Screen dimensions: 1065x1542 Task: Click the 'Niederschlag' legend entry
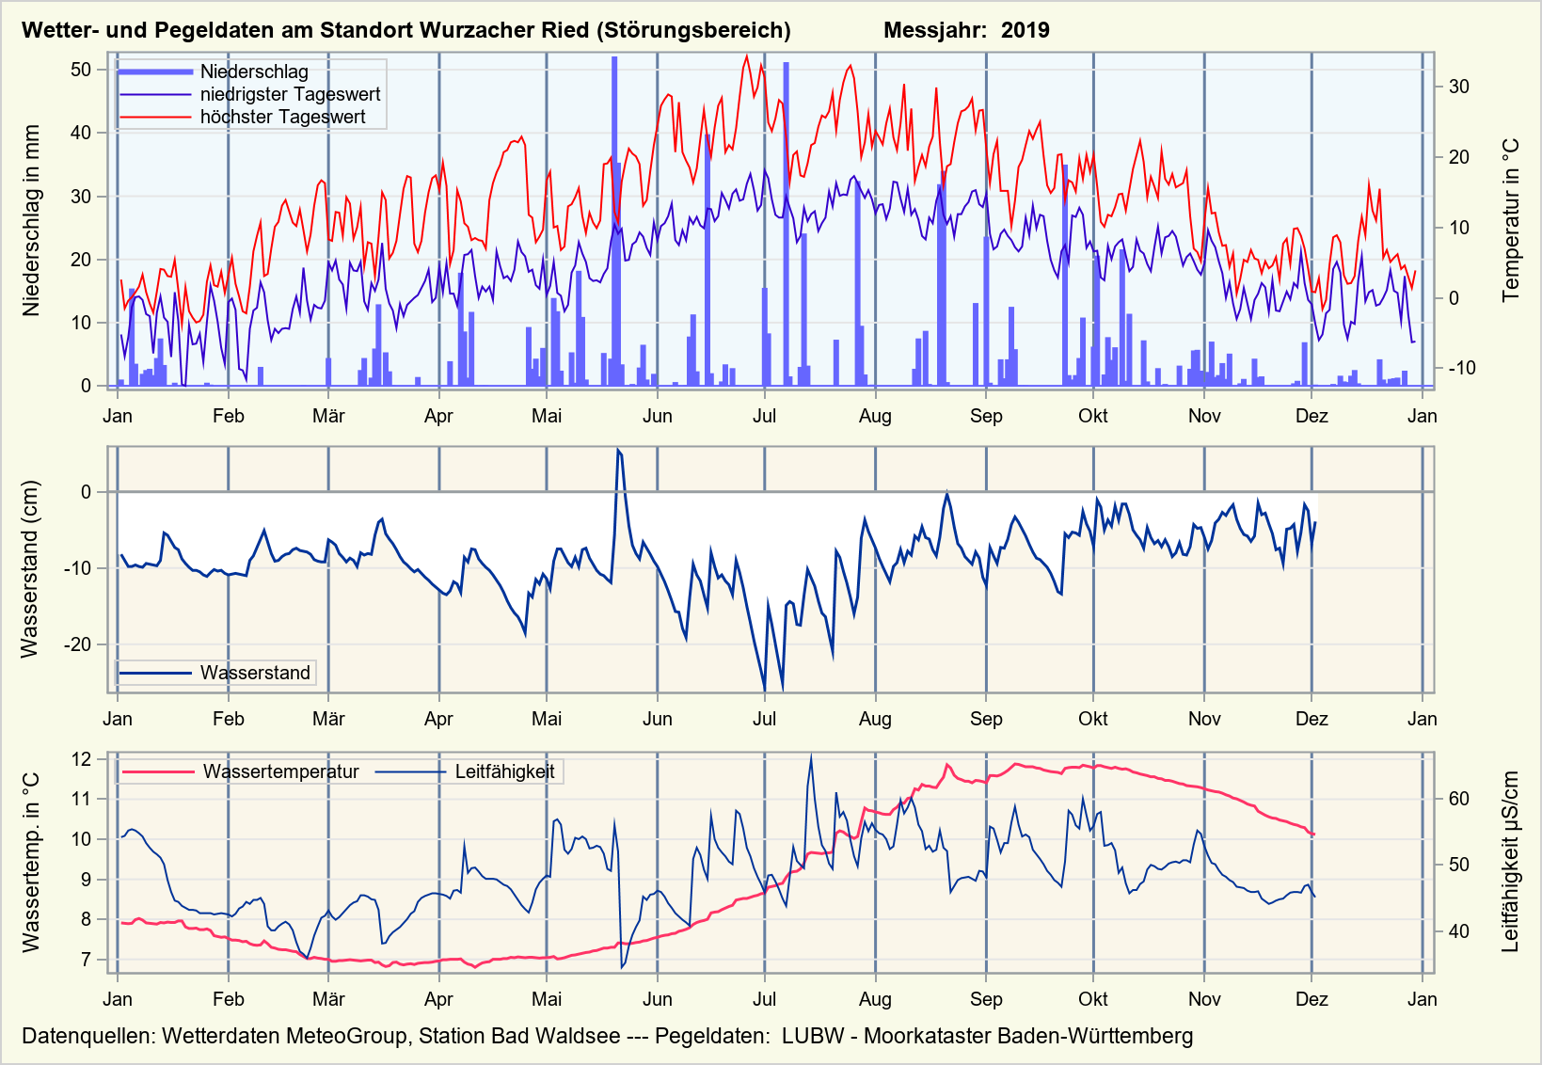253,72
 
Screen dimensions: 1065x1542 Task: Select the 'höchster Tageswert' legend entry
282,117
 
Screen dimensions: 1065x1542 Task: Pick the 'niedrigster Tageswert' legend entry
290,94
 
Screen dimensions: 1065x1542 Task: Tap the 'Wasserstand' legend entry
254,673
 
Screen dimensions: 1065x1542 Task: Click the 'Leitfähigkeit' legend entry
504,771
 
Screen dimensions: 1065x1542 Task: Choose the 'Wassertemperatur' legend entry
280,771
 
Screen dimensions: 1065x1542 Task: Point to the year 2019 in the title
1025,30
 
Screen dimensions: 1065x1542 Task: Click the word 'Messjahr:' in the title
935,30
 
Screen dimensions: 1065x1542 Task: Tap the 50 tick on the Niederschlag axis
81,70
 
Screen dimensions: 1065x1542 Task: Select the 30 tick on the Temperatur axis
1459,87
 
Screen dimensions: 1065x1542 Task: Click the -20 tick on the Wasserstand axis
77,644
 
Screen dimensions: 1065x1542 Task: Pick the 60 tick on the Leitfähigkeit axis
1459,799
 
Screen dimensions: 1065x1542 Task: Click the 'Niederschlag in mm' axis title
32,221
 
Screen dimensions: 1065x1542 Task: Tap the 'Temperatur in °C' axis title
1511,221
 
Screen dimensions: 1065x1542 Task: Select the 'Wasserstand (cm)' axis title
30,569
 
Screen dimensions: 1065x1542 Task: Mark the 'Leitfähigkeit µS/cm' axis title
1511,862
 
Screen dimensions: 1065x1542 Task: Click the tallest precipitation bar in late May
614,221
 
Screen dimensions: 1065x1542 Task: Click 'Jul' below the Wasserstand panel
764,719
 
